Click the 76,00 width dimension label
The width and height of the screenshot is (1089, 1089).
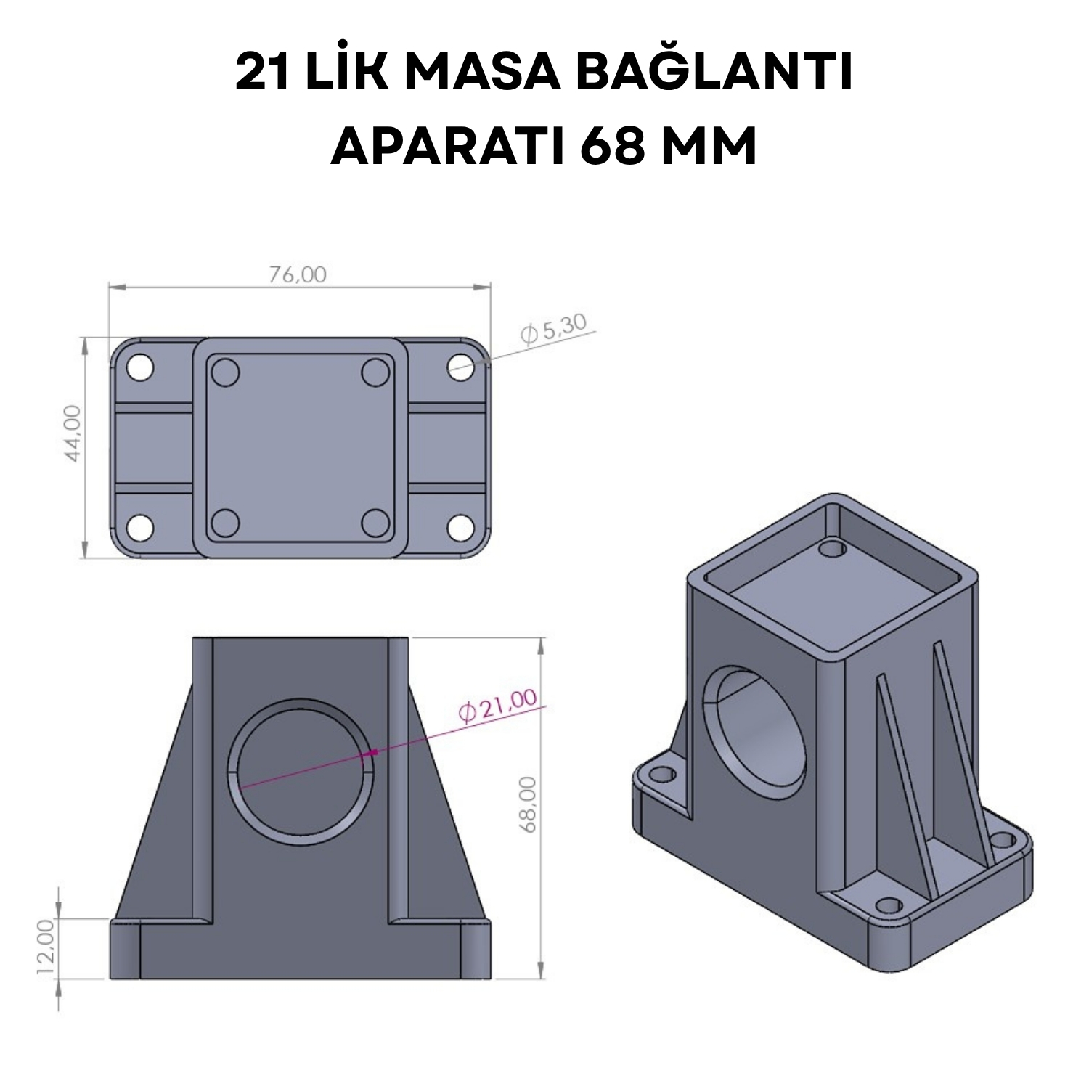(298, 274)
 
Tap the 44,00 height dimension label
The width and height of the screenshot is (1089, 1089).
(74, 433)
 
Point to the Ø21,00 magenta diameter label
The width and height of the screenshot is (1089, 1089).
(498, 705)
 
